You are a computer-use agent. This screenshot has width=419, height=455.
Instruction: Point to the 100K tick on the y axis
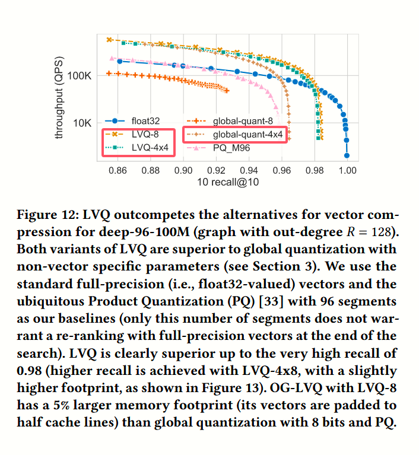[x=79, y=77]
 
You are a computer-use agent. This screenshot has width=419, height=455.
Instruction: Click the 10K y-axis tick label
[x=82, y=123]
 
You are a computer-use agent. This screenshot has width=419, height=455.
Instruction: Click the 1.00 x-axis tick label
[x=347, y=171]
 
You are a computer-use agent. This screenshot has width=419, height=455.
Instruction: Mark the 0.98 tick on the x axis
[x=315, y=171]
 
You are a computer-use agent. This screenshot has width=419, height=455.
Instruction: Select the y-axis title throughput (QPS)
[x=59, y=97]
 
